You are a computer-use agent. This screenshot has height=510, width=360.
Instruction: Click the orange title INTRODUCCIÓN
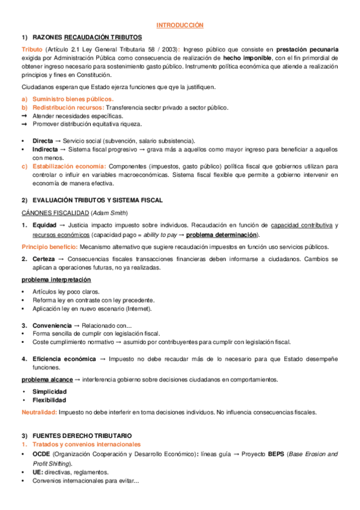(x=180, y=25)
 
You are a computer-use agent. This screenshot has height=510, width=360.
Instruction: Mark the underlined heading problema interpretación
(x=56, y=280)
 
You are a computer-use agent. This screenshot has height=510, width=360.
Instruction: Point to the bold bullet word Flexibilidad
(x=49, y=400)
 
